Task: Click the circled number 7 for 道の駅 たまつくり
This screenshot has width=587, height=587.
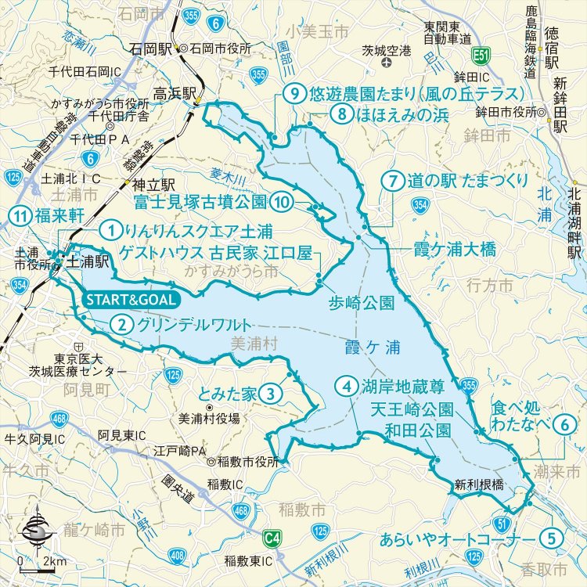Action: point(394,181)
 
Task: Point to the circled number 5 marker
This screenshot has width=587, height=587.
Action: point(552,539)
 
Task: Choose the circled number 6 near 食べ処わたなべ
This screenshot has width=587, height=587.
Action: point(567,423)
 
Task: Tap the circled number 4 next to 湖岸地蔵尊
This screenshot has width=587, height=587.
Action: point(346,386)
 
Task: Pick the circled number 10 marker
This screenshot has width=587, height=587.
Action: point(283,203)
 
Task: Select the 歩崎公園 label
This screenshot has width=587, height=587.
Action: point(361,301)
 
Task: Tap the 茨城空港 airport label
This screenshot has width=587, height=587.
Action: point(386,51)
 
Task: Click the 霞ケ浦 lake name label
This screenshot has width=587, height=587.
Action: point(366,344)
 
